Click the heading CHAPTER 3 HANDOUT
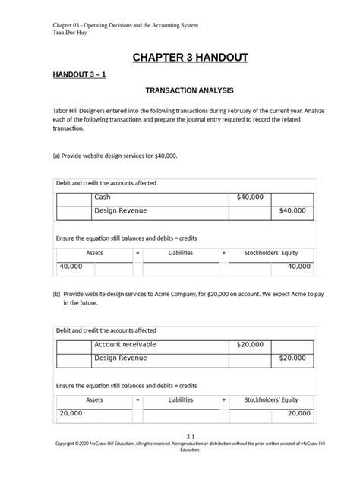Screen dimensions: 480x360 pyautogui.click(x=180, y=58)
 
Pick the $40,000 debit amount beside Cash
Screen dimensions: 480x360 pyautogui.click(x=250, y=197)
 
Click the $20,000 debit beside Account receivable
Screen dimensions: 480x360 pyautogui.click(x=250, y=345)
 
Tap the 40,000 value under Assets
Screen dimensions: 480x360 pyautogui.click(x=71, y=267)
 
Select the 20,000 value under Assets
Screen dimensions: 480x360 pyautogui.click(x=71, y=413)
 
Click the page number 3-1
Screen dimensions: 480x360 pyautogui.click(x=180, y=436)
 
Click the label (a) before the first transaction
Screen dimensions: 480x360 pyautogui.click(x=56, y=156)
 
